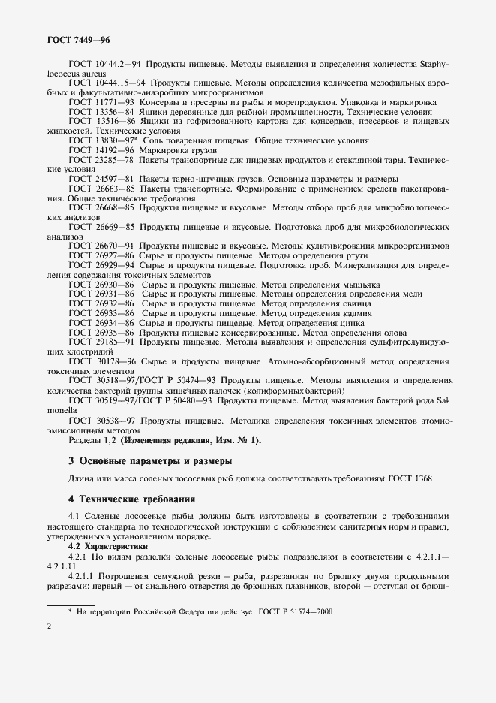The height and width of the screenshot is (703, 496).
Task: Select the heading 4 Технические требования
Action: pos(121,498)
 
